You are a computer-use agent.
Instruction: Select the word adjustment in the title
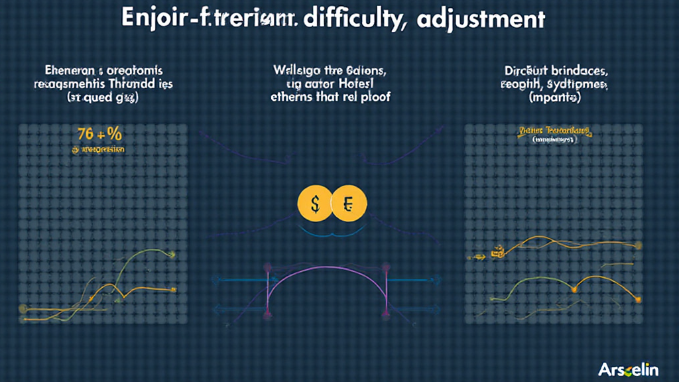point(481,19)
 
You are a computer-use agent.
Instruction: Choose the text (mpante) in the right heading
point(554,97)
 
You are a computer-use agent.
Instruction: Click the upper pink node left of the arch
point(269,267)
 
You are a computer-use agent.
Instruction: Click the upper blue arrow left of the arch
point(239,280)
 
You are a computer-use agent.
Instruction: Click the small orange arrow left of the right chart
point(476,255)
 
